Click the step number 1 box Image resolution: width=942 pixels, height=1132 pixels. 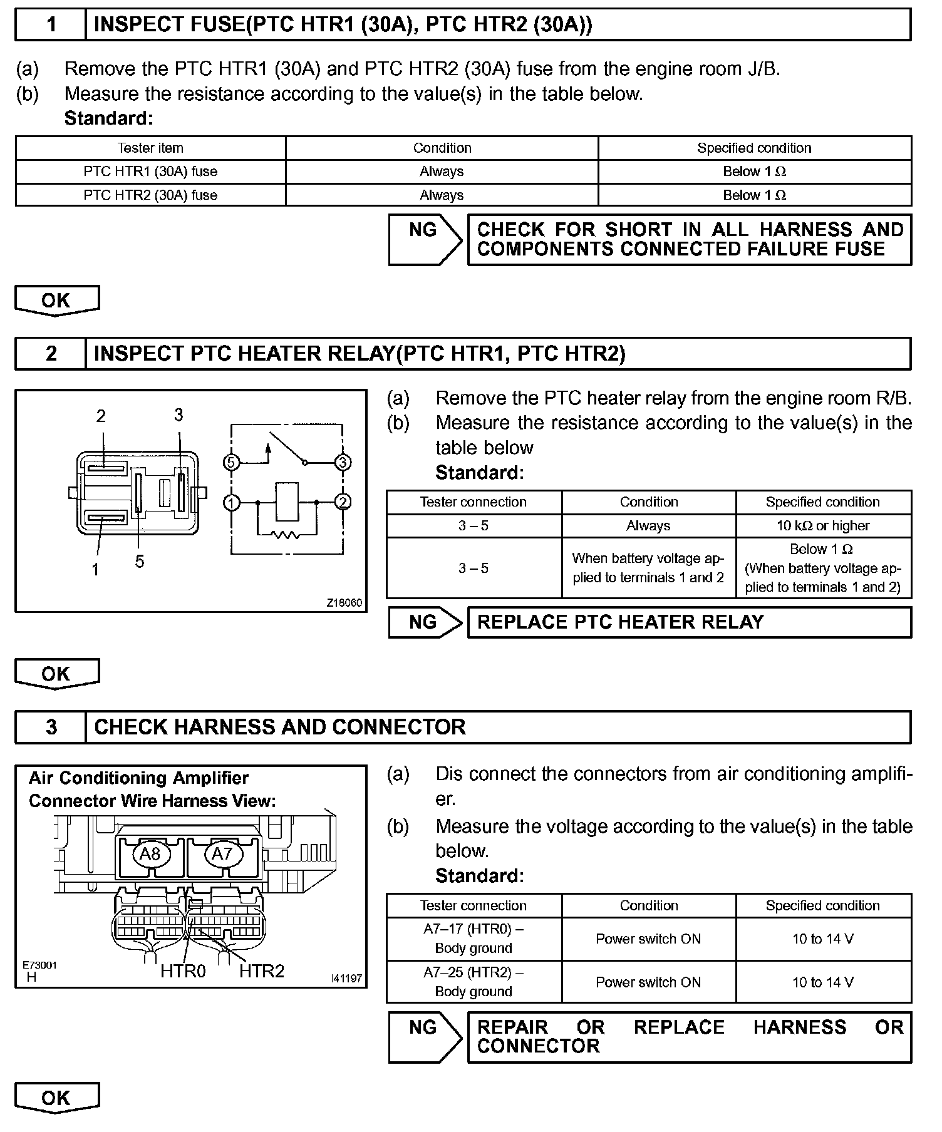(x=51, y=25)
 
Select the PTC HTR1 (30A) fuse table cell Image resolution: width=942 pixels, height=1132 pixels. (x=150, y=172)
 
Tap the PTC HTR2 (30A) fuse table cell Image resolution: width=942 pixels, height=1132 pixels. (x=150, y=195)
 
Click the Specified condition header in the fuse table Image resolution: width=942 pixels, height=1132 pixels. (x=754, y=148)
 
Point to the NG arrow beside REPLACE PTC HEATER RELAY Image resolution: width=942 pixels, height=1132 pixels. (x=425, y=622)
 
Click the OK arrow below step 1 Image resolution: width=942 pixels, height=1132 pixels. (x=56, y=301)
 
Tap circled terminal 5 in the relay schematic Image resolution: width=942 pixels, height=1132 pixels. (x=232, y=463)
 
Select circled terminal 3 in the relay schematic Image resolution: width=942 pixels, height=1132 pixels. (x=343, y=463)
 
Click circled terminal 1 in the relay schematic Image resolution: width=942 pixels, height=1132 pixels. (x=232, y=503)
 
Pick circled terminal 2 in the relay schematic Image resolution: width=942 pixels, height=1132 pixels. (x=343, y=503)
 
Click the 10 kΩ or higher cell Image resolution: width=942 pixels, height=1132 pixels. (x=823, y=526)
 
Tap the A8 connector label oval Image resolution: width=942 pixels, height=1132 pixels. (x=150, y=854)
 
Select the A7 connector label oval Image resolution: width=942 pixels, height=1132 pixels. (x=222, y=854)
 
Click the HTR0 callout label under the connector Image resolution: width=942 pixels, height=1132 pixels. (x=183, y=971)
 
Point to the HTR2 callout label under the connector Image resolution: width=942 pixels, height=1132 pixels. (x=262, y=971)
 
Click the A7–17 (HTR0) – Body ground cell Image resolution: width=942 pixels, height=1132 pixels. (x=474, y=939)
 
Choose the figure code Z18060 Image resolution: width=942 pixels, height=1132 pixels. (x=344, y=603)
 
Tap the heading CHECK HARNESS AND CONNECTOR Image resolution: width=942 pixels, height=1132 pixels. (x=279, y=727)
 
